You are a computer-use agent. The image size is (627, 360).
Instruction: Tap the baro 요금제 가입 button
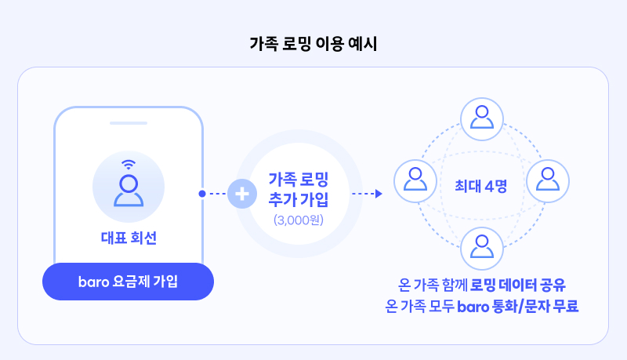[x=128, y=282]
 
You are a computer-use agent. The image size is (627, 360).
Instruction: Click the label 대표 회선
[x=129, y=238]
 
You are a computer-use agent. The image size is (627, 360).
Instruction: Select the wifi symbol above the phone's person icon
[x=128, y=165]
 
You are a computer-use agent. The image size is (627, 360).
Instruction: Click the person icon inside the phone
[x=128, y=190]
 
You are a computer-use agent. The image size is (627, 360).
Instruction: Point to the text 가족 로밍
[x=299, y=178]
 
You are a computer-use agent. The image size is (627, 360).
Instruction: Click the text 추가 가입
[x=299, y=198]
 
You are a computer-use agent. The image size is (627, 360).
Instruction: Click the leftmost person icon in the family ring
[x=413, y=180]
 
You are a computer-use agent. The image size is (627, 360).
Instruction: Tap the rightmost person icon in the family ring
[x=547, y=180]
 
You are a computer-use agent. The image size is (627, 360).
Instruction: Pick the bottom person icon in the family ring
[x=481, y=246]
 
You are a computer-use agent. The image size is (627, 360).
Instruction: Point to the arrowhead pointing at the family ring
[x=378, y=193]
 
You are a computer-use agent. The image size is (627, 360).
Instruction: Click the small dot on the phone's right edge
[x=202, y=193]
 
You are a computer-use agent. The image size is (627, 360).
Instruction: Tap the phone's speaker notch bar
[x=129, y=123]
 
